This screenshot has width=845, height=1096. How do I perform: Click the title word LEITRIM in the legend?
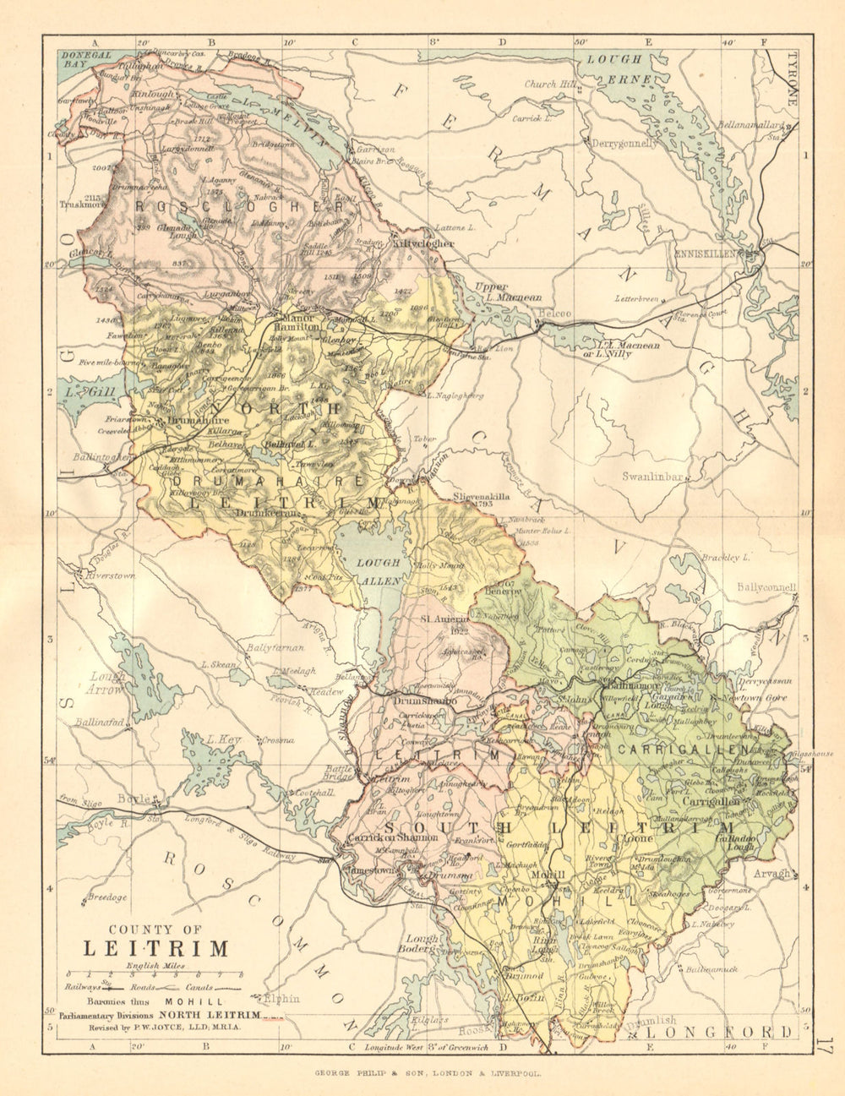[x=155, y=948]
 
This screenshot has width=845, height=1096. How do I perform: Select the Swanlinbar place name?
[x=651, y=477]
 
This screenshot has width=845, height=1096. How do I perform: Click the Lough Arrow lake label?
[x=108, y=683]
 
